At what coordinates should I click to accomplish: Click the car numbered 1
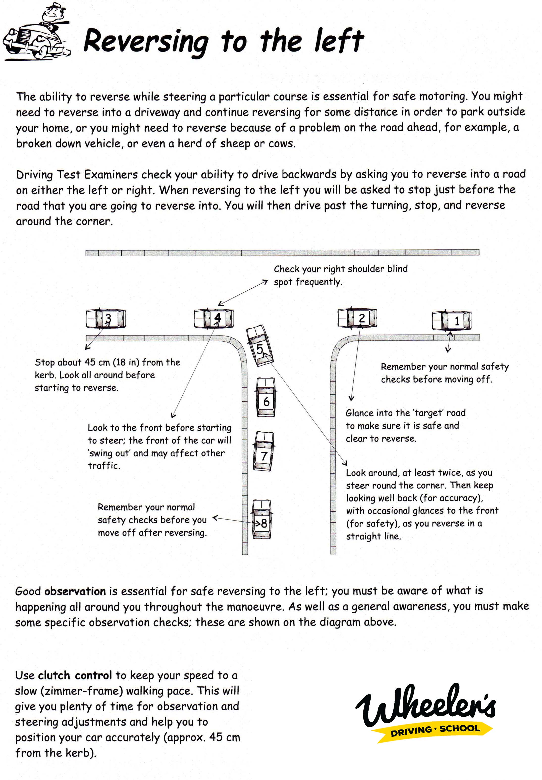[451, 320]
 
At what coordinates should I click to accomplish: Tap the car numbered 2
[357, 318]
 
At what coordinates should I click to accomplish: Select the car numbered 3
[106, 318]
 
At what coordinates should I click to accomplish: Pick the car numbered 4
[214, 318]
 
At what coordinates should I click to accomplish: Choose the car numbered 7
[264, 451]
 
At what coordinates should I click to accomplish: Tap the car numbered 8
[262, 519]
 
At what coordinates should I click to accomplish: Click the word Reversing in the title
[145, 42]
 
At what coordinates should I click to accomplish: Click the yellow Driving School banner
[435, 730]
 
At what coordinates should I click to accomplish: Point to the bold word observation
[75, 591]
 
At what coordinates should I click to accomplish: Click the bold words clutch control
[75, 676]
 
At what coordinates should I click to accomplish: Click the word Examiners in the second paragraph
[111, 175]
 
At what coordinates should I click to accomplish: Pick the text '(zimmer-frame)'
[85, 691]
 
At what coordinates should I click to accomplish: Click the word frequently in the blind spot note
[318, 282]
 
